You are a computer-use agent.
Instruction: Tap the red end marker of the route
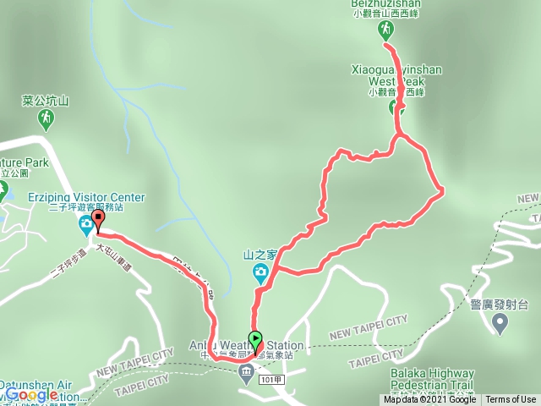click(97, 221)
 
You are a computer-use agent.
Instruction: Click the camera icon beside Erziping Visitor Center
click(86, 225)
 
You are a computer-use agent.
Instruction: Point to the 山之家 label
click(260, 253)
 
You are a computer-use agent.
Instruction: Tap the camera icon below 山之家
click(261, 272)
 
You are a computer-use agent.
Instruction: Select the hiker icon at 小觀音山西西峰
click(385, 30)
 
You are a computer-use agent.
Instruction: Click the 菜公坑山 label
click(45, 101)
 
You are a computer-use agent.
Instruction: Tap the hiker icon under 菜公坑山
click(45, 120)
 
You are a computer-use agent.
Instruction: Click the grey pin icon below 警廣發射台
click(500, 321)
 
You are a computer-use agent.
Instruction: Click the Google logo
click(32, 394)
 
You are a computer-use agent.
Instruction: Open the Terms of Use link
click(511, 400)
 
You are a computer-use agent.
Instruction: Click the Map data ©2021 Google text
click(429, 400)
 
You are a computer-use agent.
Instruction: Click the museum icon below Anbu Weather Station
click(246, 370)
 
